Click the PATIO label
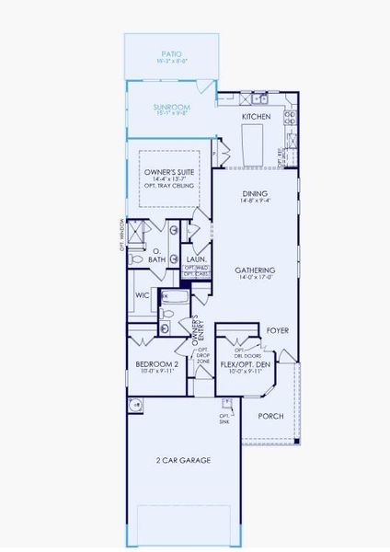(172, 54)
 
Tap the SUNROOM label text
(172, 108)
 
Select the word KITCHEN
(255, 118)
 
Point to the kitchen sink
(263, 98)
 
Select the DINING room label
(255, 193)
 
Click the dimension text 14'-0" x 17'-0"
(255, 275)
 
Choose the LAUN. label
(194, 259)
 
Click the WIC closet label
(143, 296)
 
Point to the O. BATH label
(157, 255)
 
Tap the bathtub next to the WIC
(173, 297)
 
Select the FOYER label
(277, 329)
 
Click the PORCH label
(270, 416)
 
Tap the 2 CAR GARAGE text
(184, 460)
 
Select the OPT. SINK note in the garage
(224, 420)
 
